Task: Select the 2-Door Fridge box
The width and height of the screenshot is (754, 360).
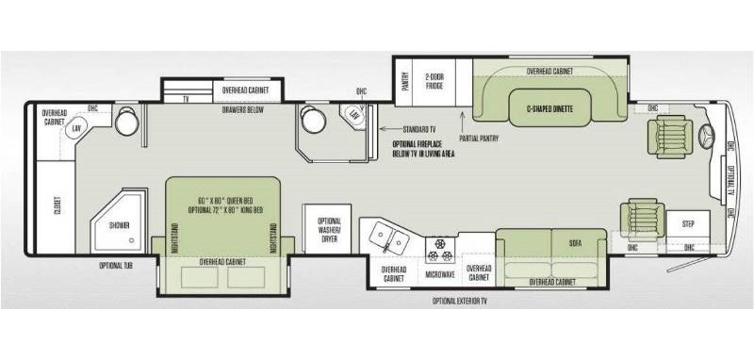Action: tap(434, 82)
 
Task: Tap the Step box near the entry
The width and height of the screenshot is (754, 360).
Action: tap(686, 224)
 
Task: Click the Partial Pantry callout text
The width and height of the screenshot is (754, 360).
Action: tap(479, 139)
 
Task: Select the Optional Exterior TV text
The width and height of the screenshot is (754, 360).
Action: tap(461, 301)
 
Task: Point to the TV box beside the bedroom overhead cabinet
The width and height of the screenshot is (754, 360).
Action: tap(186, 97)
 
